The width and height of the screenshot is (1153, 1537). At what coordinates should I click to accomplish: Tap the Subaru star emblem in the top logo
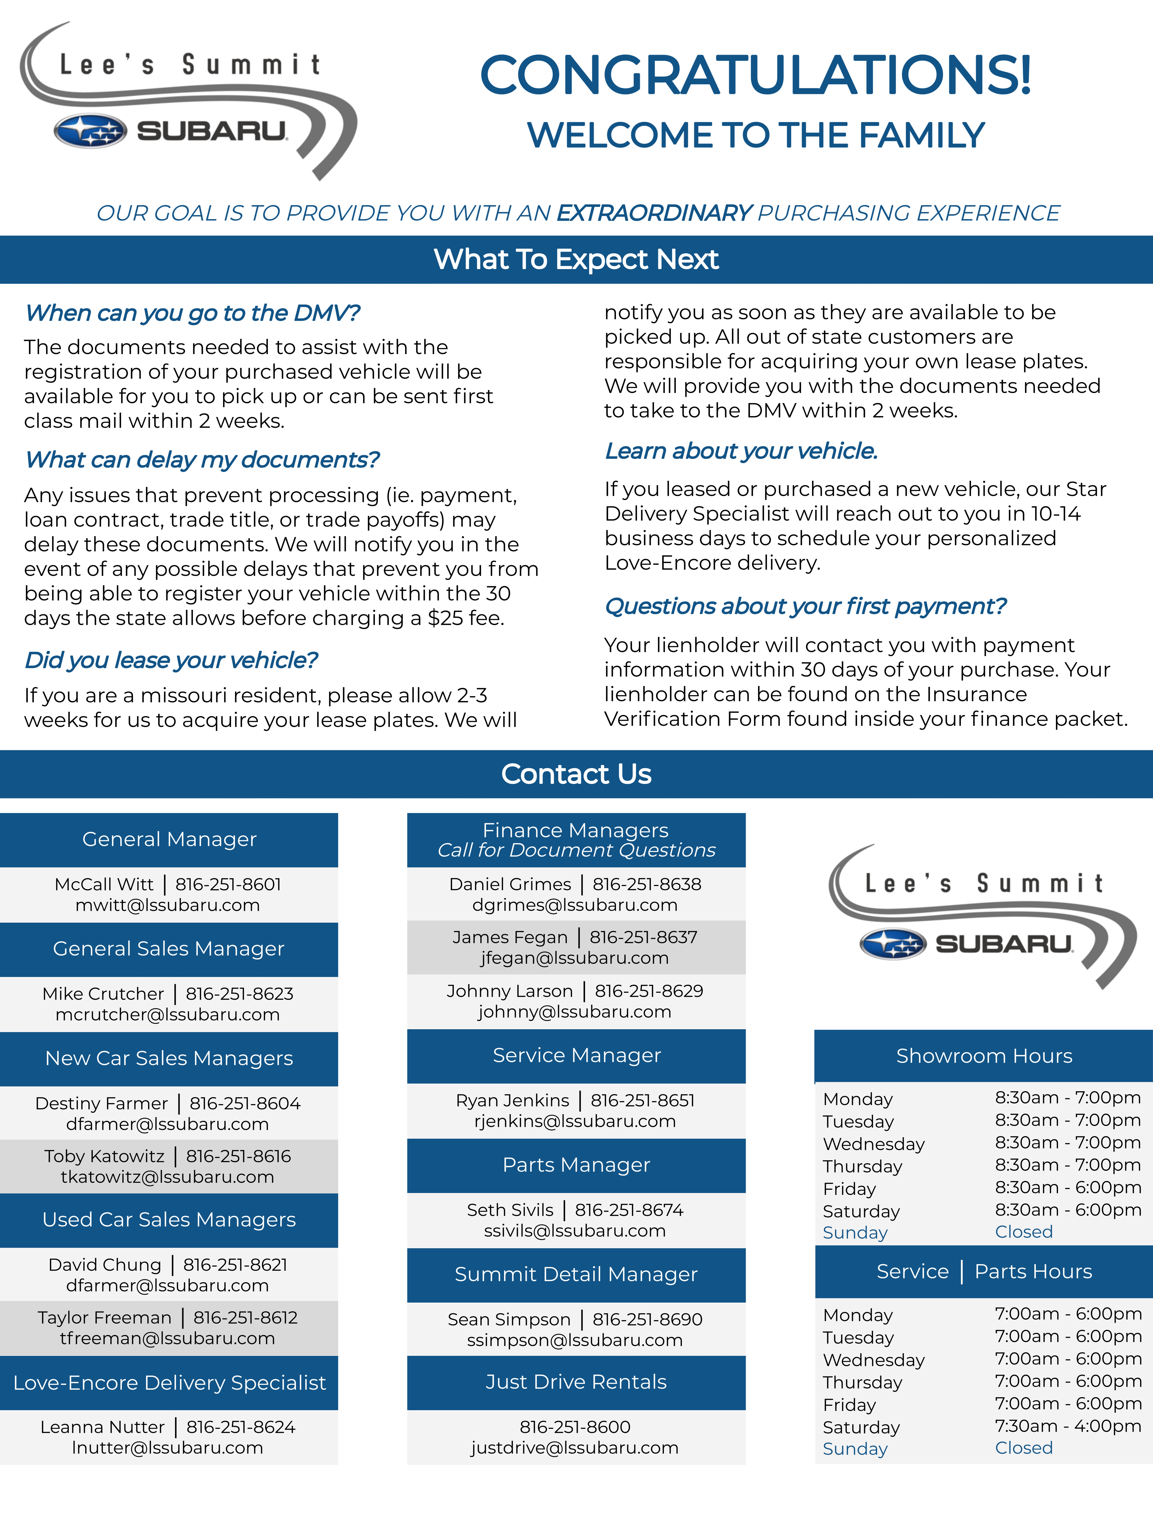click(x=90, y=131)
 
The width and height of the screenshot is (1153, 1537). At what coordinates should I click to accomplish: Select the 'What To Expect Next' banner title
click(x=576, y=259)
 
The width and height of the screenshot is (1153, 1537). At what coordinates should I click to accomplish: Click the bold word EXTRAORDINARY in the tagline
click(x=654, y=213)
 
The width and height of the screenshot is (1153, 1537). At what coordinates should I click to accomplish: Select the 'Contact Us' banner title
click(x=576, y=774)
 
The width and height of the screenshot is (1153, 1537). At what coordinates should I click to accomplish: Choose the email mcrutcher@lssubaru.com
click(x=168, y=1014)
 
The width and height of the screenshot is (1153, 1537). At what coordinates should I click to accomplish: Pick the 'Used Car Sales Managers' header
click(x=169, y=1219)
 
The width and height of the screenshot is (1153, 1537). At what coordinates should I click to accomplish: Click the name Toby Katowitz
click(x=104, y=1156)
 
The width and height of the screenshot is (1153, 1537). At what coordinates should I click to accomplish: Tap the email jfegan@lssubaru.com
click(x=575, y=958)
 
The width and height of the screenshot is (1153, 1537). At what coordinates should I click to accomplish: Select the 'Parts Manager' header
click(x=576, y=1164)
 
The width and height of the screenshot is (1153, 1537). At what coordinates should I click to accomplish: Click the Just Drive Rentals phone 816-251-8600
click(x=575, y=1427)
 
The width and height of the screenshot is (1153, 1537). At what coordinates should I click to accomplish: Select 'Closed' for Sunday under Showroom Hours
click(x=1024, y=1232)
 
